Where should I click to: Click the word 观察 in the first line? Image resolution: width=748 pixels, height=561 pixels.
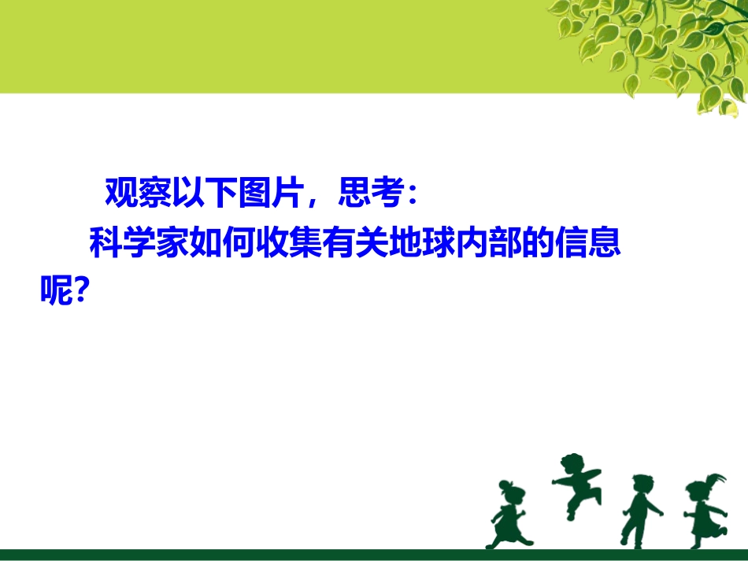tap(132, 194)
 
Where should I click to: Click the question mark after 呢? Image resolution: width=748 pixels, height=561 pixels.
tap(80, 292)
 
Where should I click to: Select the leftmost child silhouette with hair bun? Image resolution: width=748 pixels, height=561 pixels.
tap(509, 515)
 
